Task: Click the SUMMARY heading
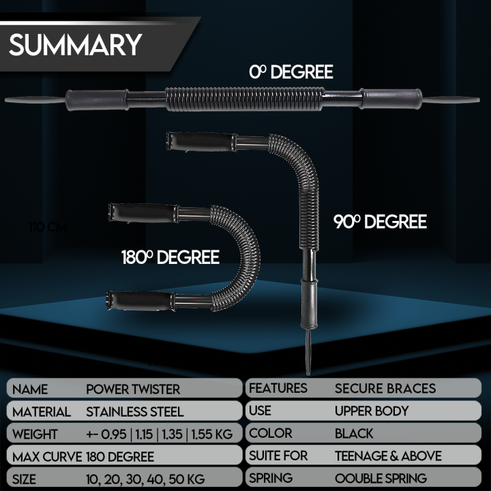tap(75, 44)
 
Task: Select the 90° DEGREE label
tap(380, 222)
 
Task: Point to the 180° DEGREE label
tap(170, 257)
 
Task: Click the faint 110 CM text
tap(48, 226)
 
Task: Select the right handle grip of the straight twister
tap(391, 99)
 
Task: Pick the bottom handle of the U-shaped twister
tap(138, 300)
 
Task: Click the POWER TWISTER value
tap(133, 389)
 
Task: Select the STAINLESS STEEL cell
tap(134, 412)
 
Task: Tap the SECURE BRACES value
tap(385, 389)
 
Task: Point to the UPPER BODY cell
tap(371, 411)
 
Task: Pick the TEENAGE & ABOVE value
tap(388, 456)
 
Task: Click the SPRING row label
tap(271, 478)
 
